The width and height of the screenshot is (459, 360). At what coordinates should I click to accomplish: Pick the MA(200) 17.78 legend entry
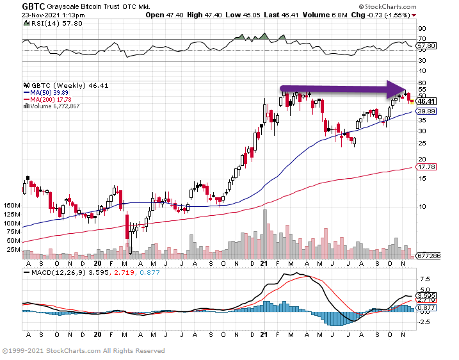click(x=49, y=99)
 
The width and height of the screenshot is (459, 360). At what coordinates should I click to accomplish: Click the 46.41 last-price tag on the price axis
click(x=426, y=101)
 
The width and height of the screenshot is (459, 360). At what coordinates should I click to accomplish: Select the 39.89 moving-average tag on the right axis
click(x=426, y=111)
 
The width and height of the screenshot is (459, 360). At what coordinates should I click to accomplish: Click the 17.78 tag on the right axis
click(x=426, y=167)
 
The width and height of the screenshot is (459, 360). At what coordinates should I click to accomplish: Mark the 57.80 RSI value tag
click(x=426, y=46)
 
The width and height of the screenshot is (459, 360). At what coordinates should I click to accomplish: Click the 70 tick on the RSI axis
click(x=422, y=40)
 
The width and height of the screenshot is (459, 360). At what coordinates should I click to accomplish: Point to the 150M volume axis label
click(x=12, y=205)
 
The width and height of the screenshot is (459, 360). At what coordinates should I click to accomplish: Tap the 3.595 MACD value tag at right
click(x=426, y=295)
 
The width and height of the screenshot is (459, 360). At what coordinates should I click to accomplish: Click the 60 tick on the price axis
click(x=422, y=83)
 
